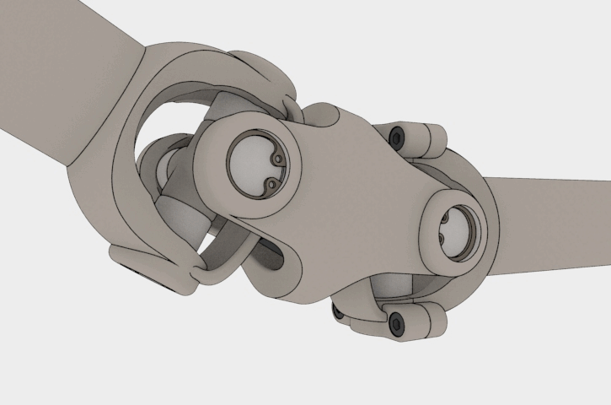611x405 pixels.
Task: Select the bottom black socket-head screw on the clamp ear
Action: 394,320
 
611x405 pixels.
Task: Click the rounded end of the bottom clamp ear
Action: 433,319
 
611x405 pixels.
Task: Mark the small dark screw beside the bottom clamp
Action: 339,312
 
